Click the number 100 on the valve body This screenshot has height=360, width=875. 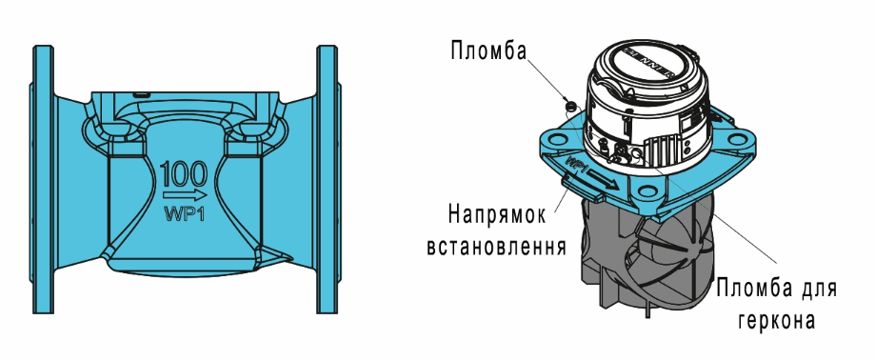pyautogui.click(x=185, y=174)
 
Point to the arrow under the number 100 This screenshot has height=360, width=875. pyautogui.click(x=185, y=196)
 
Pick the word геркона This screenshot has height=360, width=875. pyautogui.click(x=772, y=321)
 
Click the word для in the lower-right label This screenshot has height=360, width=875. pyautogui.click(x=820, y=287)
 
